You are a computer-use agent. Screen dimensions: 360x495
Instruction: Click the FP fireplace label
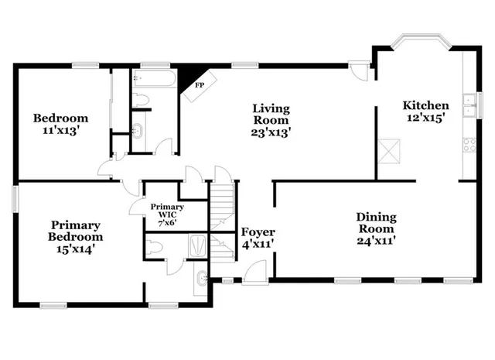click(x=200, y=84)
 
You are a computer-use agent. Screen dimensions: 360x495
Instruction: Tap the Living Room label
click(x=271, y=114)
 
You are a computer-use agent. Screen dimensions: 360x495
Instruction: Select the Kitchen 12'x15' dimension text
click(x=425, y=119)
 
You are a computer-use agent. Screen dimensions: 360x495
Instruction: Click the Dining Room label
click(x=376, y=223)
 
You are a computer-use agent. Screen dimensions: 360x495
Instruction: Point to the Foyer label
click(x=258, y=232)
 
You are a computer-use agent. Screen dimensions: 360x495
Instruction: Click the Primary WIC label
click(x=167, y=212)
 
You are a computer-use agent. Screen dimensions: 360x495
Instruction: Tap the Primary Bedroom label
click(x=75, y=231)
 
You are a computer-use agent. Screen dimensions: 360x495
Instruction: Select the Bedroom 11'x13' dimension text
click(x=60, y=132)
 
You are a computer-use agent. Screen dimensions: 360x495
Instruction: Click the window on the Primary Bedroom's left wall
click(x=15, y=197)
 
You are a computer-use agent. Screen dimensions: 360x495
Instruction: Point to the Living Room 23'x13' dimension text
click(x=271, y=132)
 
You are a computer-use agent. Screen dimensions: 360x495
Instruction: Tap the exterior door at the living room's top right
click(x=358, y=71)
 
